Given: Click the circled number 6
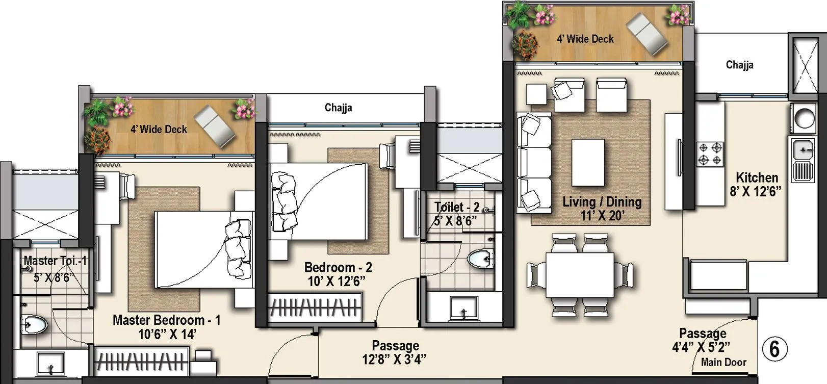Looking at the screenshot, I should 774,349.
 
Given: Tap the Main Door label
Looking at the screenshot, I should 723,363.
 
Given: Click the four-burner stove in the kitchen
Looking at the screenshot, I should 710,154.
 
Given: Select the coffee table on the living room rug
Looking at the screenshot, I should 588,163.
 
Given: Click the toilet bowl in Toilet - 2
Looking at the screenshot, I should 479,259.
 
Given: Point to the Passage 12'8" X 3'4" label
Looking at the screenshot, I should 395,352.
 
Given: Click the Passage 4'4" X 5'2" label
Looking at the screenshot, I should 702,340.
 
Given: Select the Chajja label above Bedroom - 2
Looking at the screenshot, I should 338,108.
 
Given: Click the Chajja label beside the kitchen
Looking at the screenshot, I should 739,65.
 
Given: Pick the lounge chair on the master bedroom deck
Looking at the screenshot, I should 215,125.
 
